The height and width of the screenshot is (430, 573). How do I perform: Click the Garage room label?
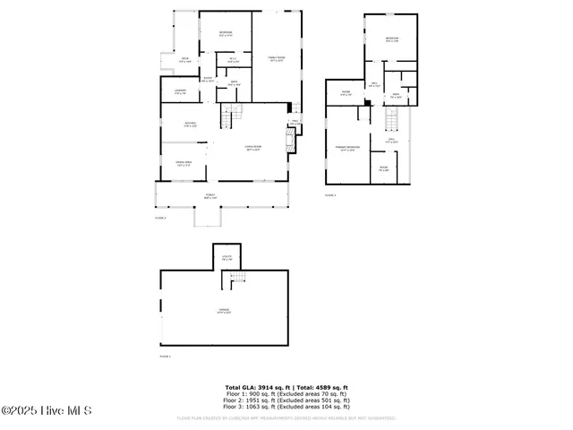(224, 311)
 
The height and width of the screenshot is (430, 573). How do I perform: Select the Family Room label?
(277, 59)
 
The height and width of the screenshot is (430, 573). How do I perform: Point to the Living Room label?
(253, 148)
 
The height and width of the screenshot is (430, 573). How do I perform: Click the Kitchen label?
(190, 124)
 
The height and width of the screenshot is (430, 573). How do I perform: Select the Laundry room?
(180, 91)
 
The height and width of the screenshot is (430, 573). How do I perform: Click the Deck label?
(184, 59)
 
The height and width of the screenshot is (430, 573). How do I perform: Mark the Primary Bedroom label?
(346, 149)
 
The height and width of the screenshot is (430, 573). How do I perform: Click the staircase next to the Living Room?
(232, 115)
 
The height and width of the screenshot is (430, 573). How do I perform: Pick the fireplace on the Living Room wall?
(289, 139)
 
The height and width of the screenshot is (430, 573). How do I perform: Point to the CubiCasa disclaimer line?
(286, 417)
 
